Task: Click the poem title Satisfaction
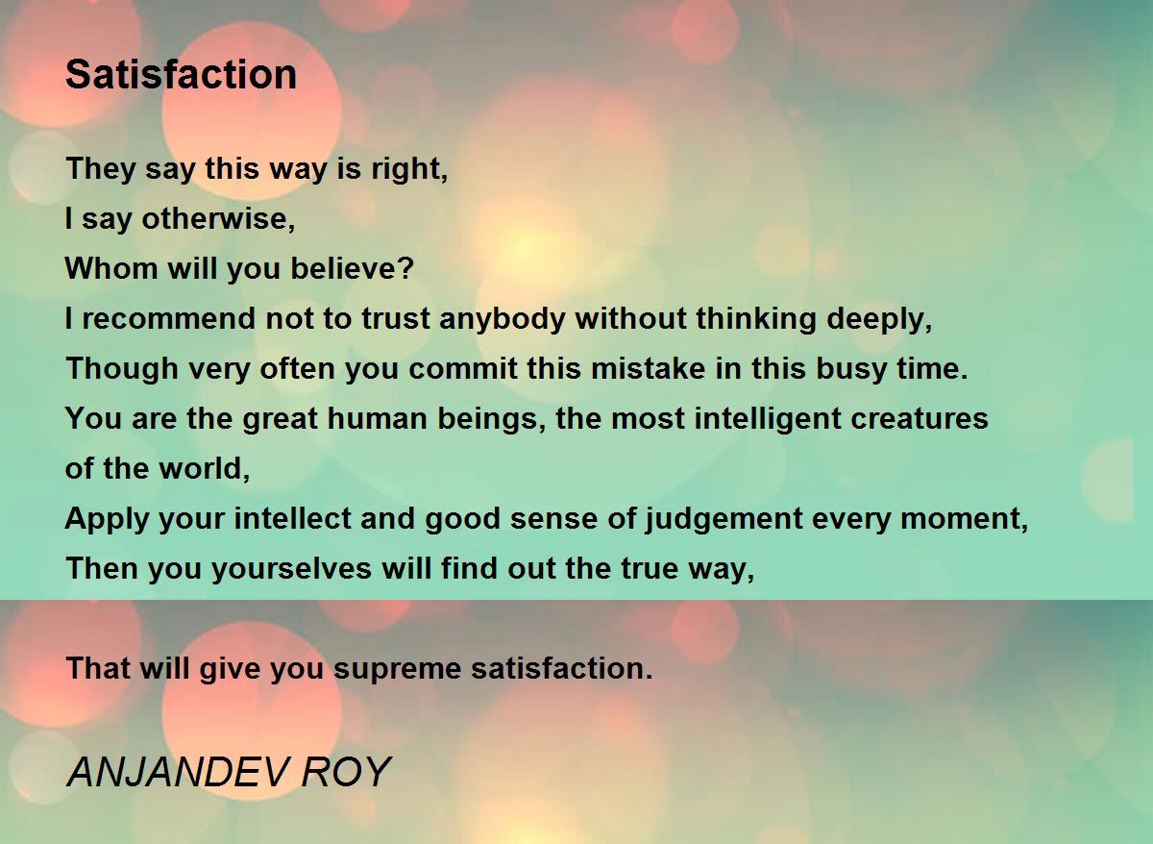coord(182,74)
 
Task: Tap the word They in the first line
coord(100,169)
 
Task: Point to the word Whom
coord(111,269)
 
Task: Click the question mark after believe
coord(406,269)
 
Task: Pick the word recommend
coord(168,318)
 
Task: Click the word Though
coord(122,369)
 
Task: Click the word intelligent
coord(768,419)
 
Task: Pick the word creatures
coord(920,419)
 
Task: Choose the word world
coord(200,468)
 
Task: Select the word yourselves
coord(291,568)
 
